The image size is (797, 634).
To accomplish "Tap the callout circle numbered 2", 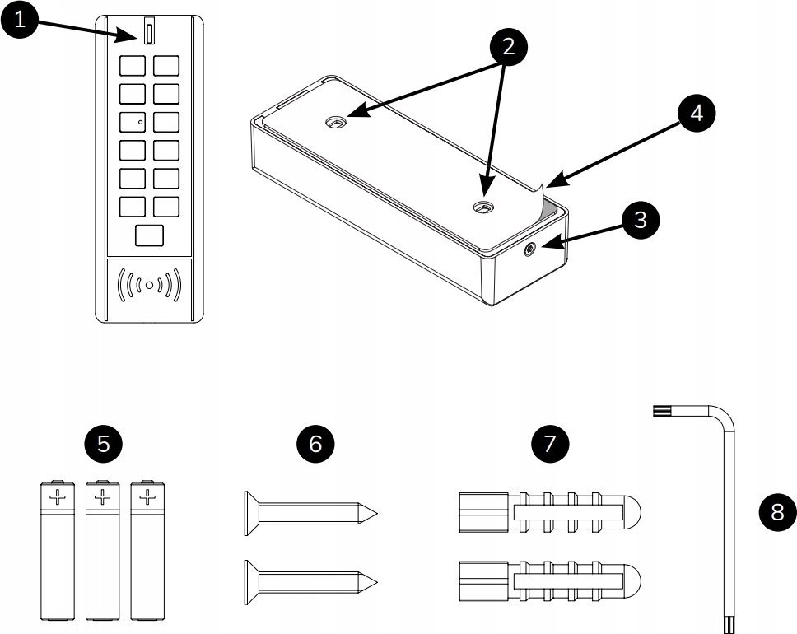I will pos(508,47).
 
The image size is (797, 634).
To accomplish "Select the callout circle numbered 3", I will pos(641,221).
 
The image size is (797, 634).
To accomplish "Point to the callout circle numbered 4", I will pos(697,114).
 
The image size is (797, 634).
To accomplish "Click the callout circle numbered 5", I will pos(104,443).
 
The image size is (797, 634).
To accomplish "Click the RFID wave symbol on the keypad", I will pos(149,285).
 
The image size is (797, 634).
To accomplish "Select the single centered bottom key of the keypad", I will pos(149,235).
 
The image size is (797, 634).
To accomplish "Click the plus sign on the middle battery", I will pos(101,496).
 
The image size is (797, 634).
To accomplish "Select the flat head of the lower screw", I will pos(246,579).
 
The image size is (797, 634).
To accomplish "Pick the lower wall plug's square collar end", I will pos(473,580).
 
